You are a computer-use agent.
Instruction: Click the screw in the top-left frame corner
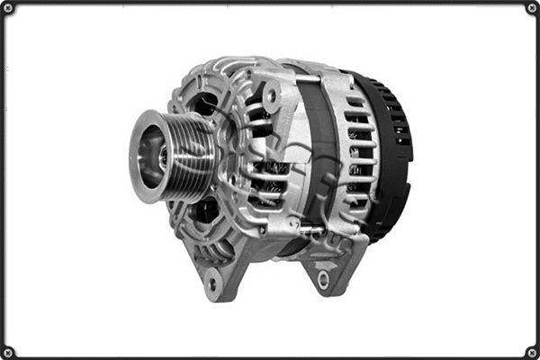click(8, 8)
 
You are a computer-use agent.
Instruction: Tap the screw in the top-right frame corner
click(531, 8)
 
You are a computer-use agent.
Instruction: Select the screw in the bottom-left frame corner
click(8, 352)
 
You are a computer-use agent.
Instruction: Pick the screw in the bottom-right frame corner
click(531, 352)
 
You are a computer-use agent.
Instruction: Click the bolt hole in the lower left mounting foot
click(212, 284)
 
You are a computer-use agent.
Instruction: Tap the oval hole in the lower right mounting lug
click(323, 280)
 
